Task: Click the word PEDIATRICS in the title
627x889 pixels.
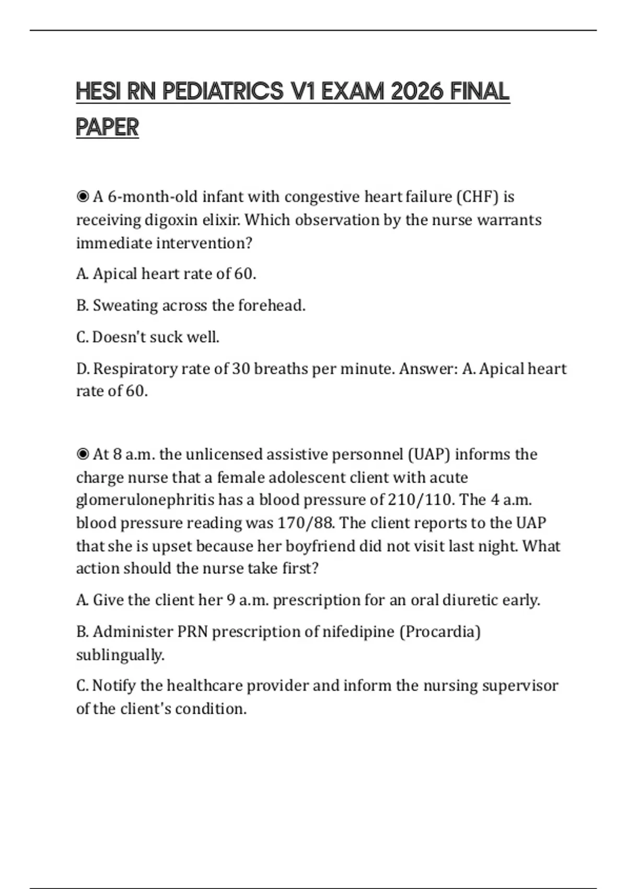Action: [223, 92]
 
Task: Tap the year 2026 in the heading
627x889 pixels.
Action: [415, 92]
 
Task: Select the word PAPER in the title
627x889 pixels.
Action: [107, 128]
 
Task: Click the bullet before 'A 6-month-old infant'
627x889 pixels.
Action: [83, 197]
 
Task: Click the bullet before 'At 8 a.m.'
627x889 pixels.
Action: [83, 454]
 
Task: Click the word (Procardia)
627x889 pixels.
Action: [440, 632]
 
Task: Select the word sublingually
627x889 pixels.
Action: [120, 655]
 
